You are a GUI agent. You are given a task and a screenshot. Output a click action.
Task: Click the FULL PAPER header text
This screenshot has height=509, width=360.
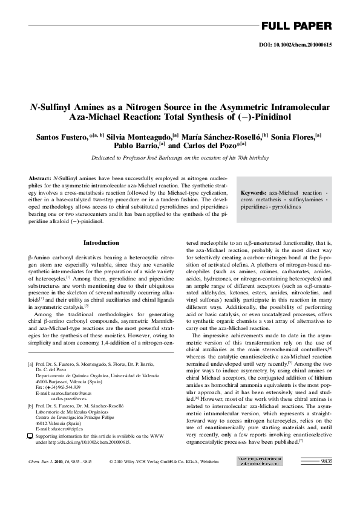pos(296,26)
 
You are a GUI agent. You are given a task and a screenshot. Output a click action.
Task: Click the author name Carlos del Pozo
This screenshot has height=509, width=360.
pos(208,148)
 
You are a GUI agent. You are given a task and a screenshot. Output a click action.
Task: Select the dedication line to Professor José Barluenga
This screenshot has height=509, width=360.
pos(180,158)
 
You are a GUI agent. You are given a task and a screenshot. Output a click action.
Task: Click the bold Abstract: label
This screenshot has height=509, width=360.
pos(39,180)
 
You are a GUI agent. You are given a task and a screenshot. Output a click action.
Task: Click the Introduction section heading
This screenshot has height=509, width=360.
pos(101,242)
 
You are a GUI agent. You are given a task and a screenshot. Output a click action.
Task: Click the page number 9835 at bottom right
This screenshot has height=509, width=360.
pos(326,461)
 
